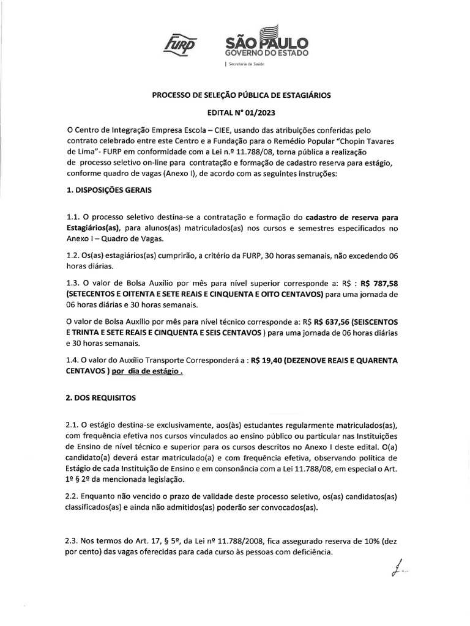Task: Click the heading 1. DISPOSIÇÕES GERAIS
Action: tap(109, 190)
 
